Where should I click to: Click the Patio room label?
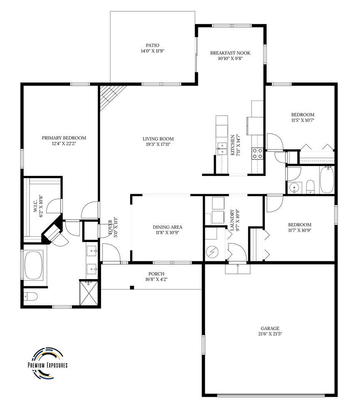point(153,45)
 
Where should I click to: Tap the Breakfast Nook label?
point(230,53)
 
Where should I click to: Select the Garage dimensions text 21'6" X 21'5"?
point(270,334)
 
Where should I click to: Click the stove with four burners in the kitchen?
point(257,154)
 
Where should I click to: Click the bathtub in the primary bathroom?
point(34,265)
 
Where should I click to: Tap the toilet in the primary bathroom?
point(31,296)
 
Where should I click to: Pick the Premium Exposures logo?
point(48,363)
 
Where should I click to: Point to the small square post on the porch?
point(132,287)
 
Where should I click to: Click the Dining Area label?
point(168,227)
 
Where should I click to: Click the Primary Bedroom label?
point(64,138)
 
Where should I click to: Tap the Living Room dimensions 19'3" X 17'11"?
point(158,144)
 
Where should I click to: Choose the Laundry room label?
point(232,220)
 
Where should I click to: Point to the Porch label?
point(156,274)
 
